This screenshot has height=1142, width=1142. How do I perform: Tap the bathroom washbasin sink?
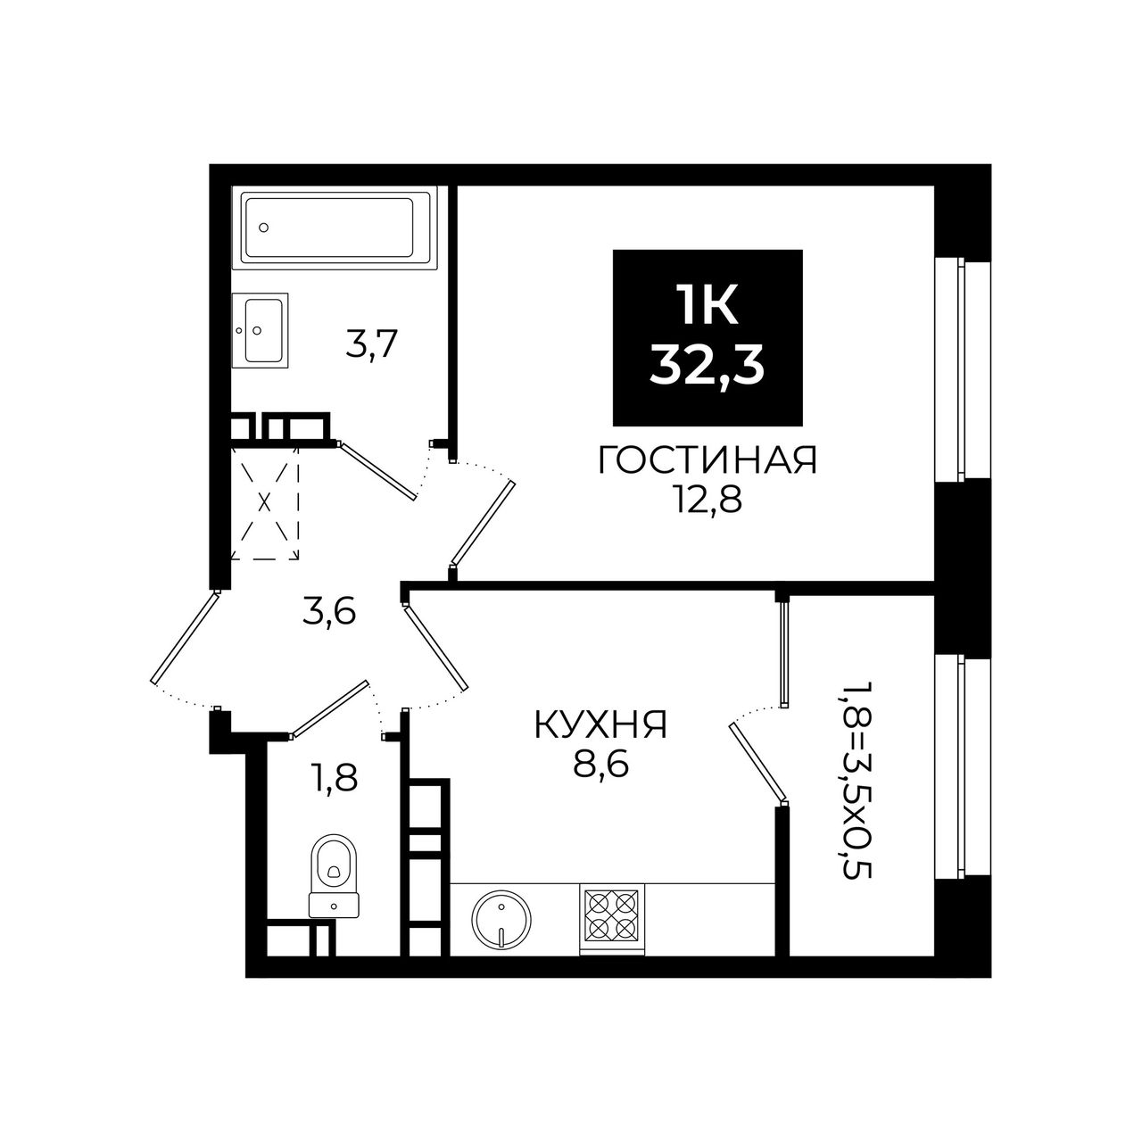261,330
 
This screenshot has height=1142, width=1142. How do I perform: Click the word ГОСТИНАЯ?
708,460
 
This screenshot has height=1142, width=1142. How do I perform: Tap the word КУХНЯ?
600,724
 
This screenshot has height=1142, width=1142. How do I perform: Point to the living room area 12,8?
707,502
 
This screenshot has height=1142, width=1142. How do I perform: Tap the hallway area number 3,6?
329,612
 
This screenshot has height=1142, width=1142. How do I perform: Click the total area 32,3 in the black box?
707,368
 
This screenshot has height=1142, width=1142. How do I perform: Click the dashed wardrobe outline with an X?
264,504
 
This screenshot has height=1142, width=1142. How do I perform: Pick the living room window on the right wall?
961,368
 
